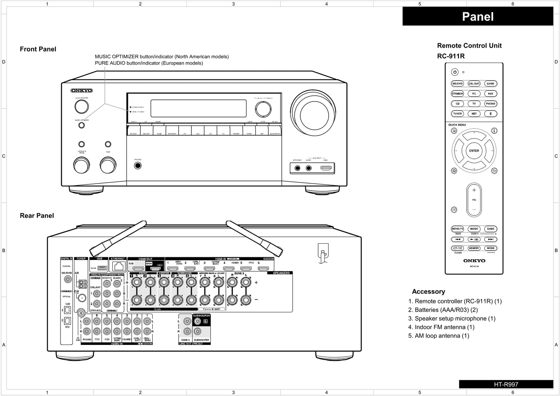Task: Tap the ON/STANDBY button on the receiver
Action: tap(81, 107)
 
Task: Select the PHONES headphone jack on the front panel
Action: tap(138, 166)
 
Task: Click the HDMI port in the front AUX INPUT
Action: tap(326, 168)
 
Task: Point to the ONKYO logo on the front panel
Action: tap(81, 91)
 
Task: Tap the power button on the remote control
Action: tap(455, 72)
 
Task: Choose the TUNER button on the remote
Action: tap(457, 114)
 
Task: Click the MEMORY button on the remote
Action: tap(474, 248)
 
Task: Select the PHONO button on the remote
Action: tap(490, 103)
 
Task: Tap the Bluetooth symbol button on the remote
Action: tap(490, 114)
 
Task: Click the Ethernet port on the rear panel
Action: tap(119, 267)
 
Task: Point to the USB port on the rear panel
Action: tap(102, 268)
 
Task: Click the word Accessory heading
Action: tap(428, 291)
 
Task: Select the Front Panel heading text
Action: tap(38, 49)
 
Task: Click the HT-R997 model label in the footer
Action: tap(506, 384)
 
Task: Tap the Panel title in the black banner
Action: tap(478, 17)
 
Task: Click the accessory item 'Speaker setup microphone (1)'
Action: tap(455, 319)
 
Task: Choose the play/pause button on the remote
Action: tap(474, 239)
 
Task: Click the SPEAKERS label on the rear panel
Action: tap(281, 273)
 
